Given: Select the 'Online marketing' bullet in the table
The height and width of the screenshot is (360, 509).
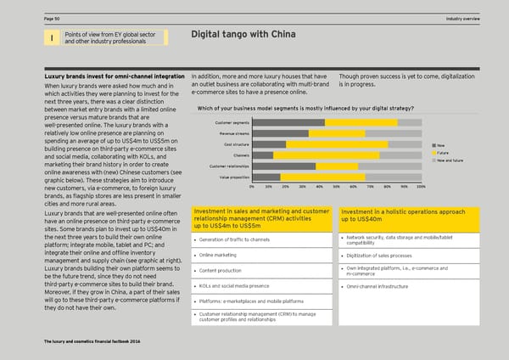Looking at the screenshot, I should point(218,255).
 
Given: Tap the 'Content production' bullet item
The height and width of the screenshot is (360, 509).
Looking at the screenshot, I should point(221,271).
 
